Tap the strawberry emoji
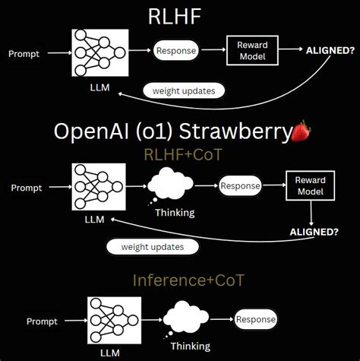point(302,131)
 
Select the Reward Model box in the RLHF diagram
point(251,51)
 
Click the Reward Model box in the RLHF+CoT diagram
point(310,186)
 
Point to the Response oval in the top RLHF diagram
point(176,52)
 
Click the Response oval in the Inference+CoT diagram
point(256,320)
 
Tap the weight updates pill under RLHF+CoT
point(153,246)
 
